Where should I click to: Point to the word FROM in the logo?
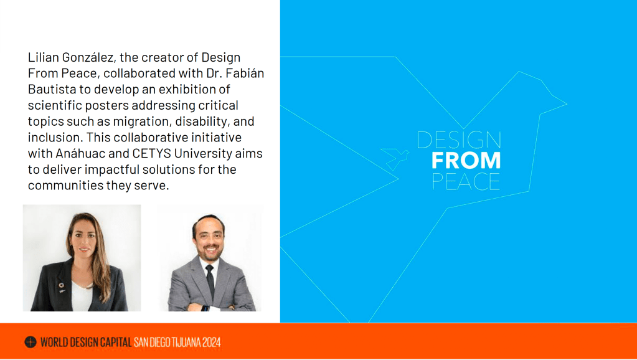pos(466,160)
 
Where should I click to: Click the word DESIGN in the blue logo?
pos(459,140)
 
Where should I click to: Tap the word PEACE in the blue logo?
pos(466,181)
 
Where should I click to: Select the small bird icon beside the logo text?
pos(395,158)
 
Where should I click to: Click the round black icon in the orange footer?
pos(31,342)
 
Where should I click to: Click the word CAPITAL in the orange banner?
pos(116,342)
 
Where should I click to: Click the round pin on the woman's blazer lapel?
pos(61,285)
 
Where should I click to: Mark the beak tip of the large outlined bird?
pos(567,104)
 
